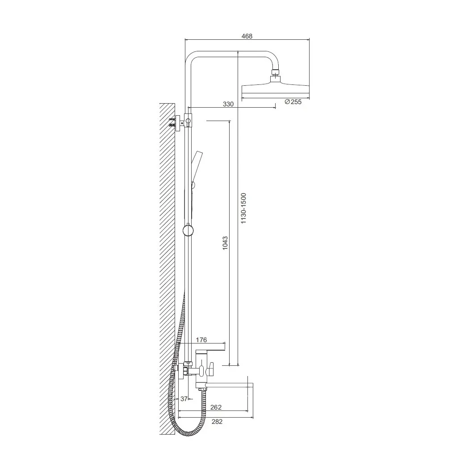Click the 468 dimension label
247,36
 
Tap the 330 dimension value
228,104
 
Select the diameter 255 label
293,102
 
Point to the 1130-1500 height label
243,208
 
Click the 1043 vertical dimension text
225,243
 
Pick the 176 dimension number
201,340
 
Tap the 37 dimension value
184,399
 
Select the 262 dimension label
216,407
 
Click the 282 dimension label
217,422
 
